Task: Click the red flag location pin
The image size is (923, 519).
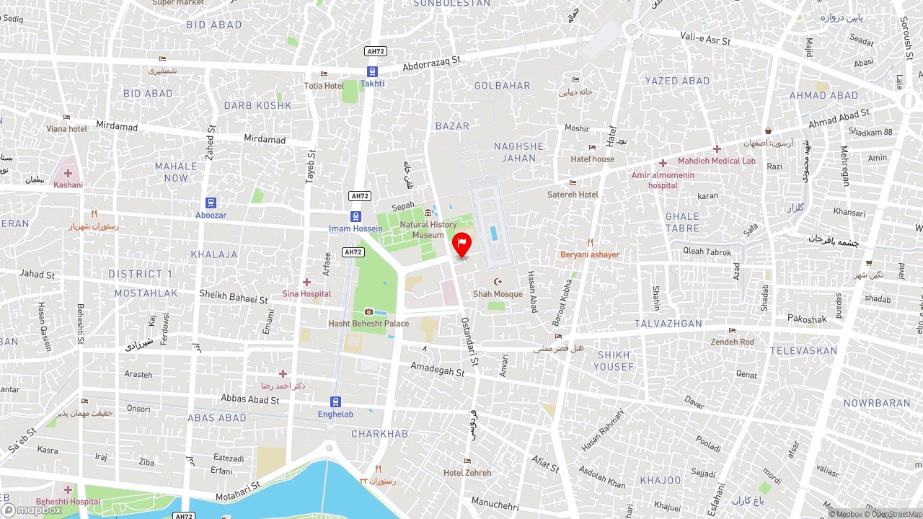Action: [x=461, y=244]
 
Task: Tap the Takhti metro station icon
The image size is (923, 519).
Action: [x=372, y=71]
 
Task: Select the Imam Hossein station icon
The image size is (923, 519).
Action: [x=355, y=216]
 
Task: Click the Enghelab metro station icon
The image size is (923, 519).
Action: [x=335, y=402]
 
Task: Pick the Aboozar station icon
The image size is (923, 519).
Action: [x=211, y=203]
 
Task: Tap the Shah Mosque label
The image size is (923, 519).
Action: [x=498, y=294]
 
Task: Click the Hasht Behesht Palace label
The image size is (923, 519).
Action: [x=368, y=324]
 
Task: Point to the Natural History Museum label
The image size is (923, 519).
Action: [x=428, y=230]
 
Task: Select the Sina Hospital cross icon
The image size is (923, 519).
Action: [x=306, y=282]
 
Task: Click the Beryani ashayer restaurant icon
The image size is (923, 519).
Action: [x=590, y=243]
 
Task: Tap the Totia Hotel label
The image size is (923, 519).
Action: [x=324, y=86]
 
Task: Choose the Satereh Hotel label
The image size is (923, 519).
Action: [x=573, y=195]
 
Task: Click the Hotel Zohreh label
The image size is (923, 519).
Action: [x=467, y=473]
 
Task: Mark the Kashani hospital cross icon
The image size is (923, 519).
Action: [x=68, y=173]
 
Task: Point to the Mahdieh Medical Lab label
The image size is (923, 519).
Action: [x=716, y=161]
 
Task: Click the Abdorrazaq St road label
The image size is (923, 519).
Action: [x=431, y=64]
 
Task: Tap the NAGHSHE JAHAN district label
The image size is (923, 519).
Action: [x=518, y=152]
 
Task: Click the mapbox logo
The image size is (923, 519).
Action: [x=32, y=510]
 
